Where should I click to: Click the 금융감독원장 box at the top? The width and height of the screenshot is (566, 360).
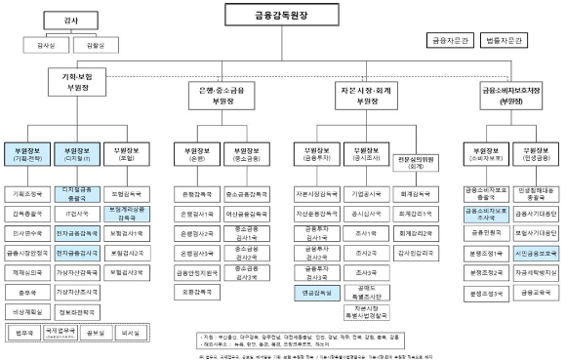[283, 16]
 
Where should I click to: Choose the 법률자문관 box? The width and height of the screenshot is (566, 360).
[507, 41]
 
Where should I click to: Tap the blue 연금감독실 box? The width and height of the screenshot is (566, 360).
[314, 291]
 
